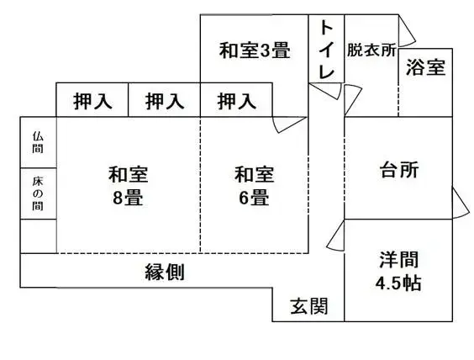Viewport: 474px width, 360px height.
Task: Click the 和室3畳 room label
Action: pyautogui.click(x=255, y=50)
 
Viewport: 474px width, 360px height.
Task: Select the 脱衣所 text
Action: pyautogui.click(x=371, y=50)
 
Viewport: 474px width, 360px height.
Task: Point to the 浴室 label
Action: pyautogui.click(x=425, y=68)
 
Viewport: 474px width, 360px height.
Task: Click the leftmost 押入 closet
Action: pyautogui.click(x=92, y=101)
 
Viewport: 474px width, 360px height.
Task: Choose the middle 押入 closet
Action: pyautogui.click(x=164, y=101)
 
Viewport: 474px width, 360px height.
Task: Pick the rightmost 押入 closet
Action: pyautogui.click(x=237, y=101)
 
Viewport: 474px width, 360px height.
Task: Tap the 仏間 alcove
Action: pyautogui.click(x=39, y=142)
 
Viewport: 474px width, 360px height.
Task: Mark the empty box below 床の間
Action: pyautogui.click(x=39, y=236)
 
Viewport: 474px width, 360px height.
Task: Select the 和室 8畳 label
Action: pyautogui.click(x=128, y=186)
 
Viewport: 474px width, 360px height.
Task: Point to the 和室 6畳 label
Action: pyautogui.click(x=254, y=186)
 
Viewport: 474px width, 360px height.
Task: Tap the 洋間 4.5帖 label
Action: pyautogui.click(x=398, y=271)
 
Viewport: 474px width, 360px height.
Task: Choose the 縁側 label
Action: pyautogui.click(x=165, y=272)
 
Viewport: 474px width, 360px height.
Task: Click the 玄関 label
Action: pyautogui.click(x=308, y=304)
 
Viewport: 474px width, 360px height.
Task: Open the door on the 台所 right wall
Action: pyautogui.click(x=459, y=202)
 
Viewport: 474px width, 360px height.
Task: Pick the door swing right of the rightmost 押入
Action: pyautogui.click(x=290, y=124)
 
